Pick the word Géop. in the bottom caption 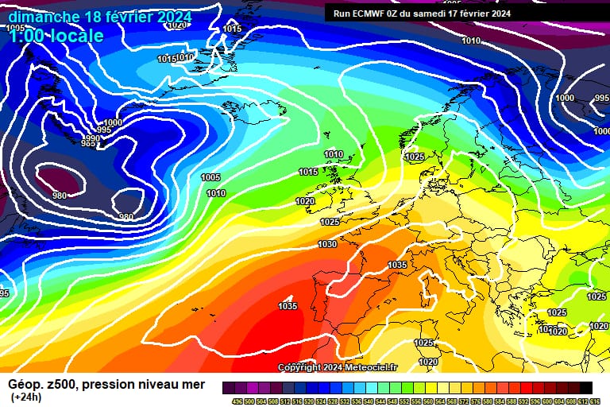[25, 385]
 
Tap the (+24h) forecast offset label [26, 397]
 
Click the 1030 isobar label [327, 245]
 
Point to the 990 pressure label [92, 139]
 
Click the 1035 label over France [397, 266]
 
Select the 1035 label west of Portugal [288, 306]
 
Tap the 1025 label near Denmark [415, 157]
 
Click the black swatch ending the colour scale [585, 387]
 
